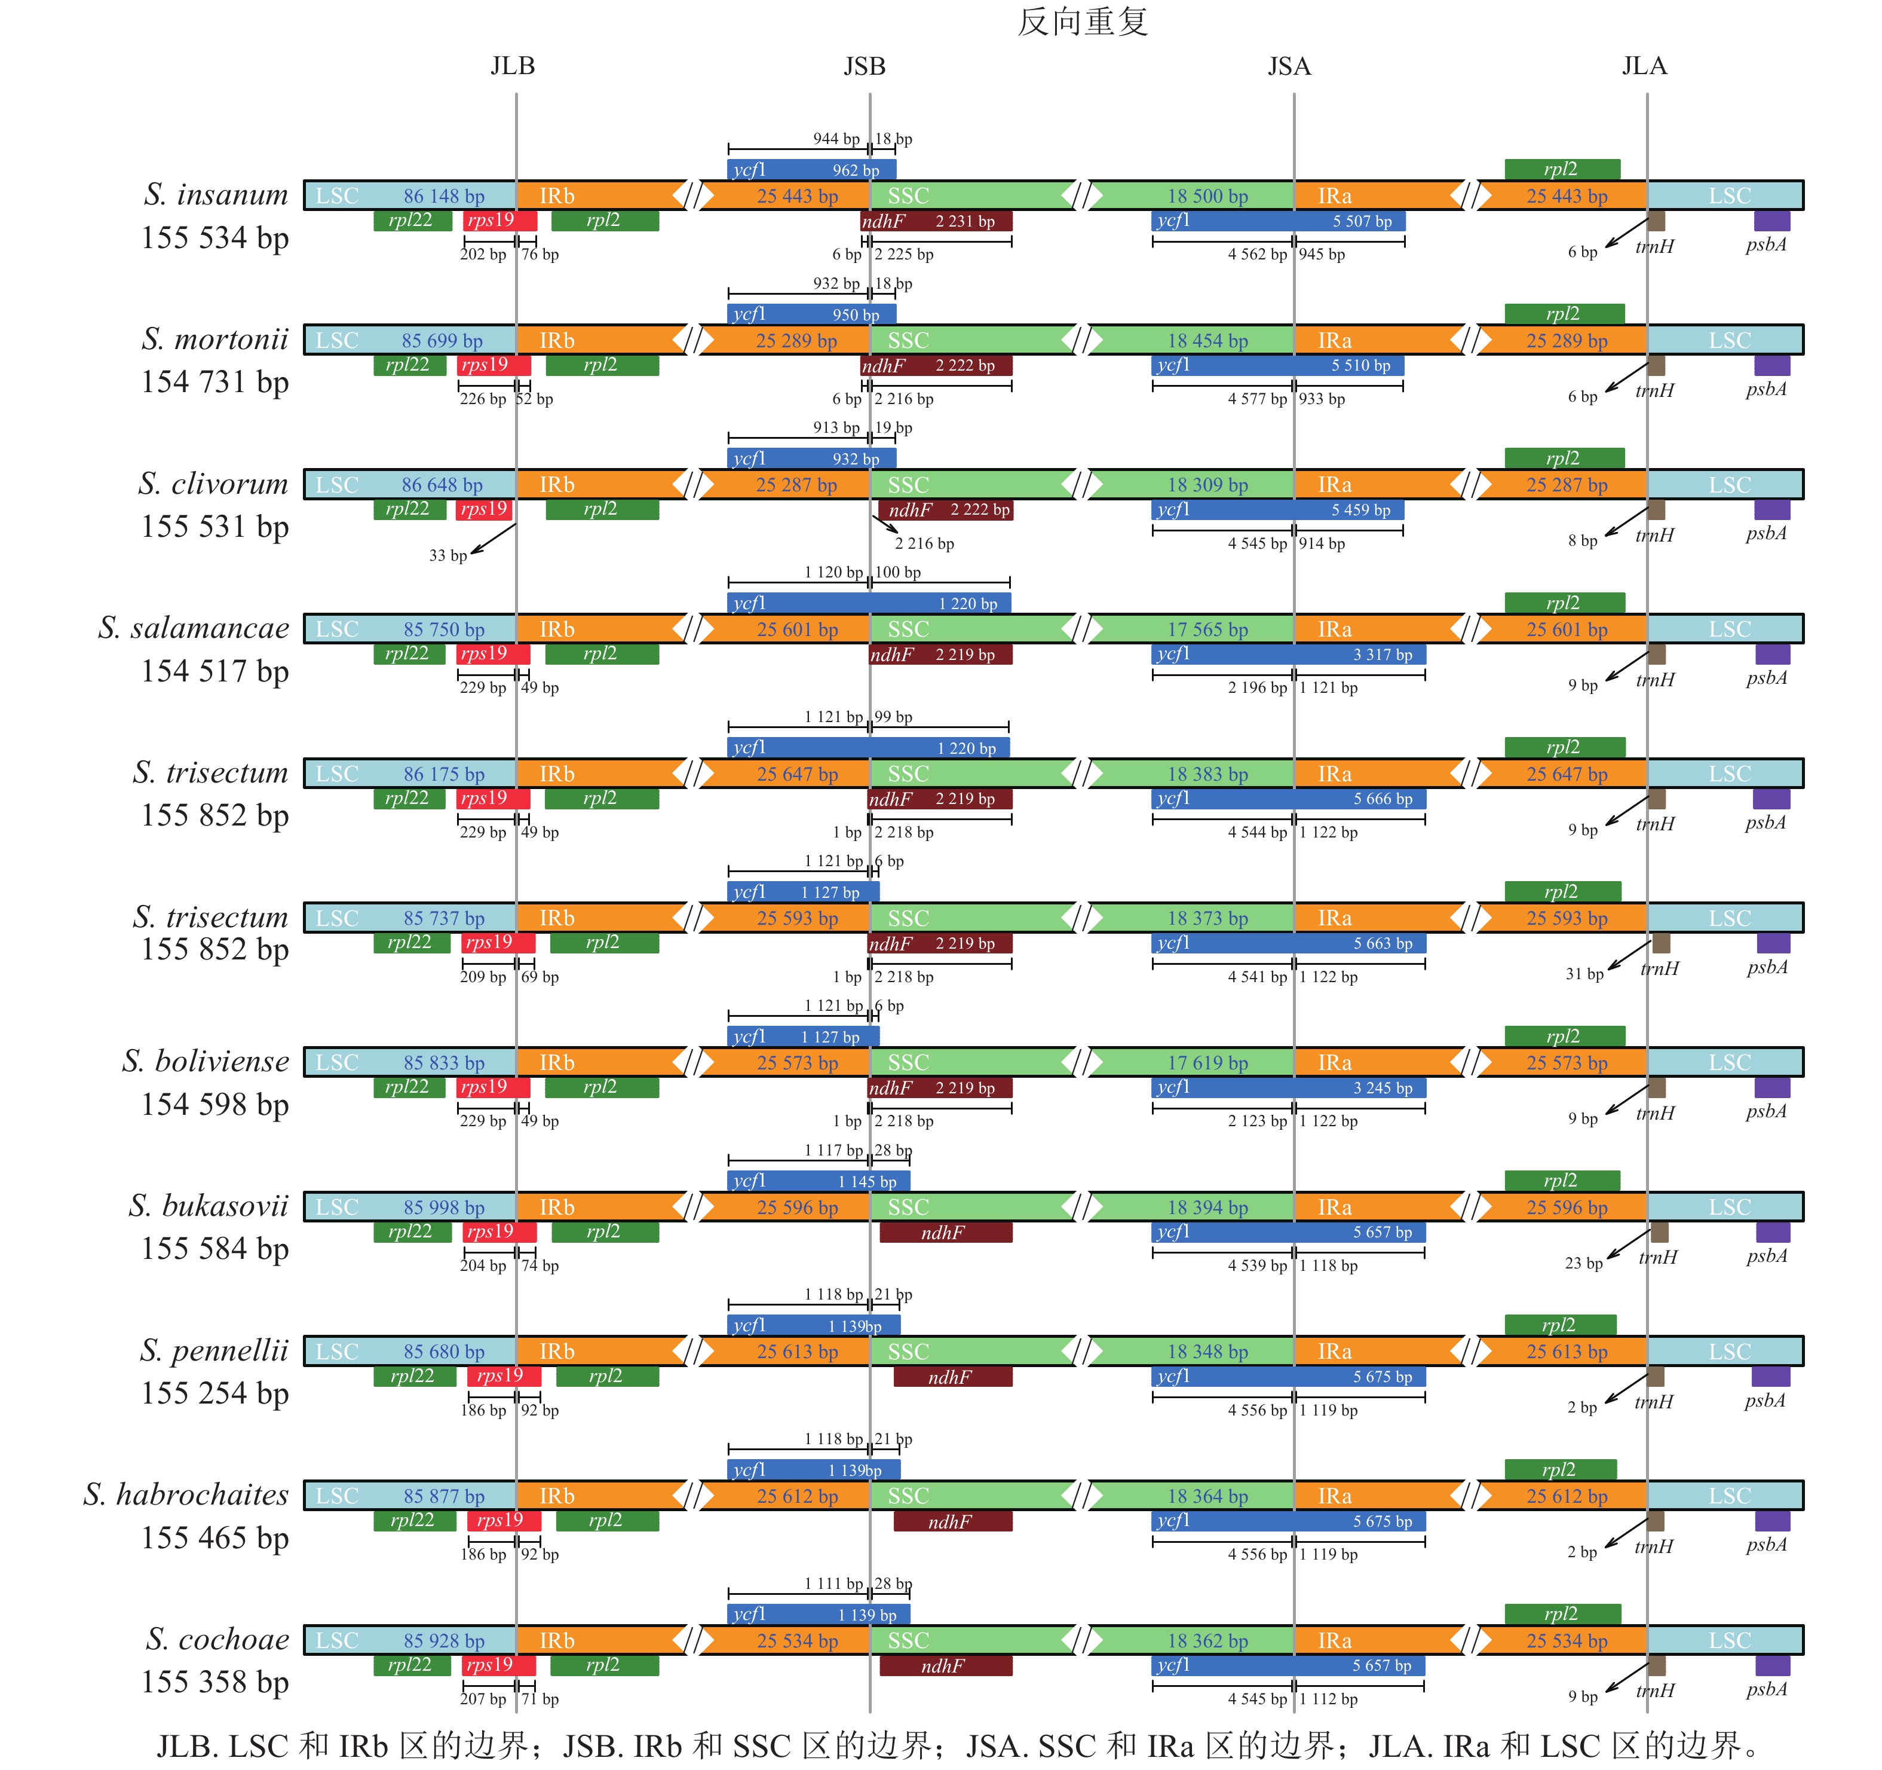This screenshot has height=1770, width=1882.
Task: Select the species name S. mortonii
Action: [x=215, y=339]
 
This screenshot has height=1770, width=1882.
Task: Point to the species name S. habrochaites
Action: [x=186, y=1494]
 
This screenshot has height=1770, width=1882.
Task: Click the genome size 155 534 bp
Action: [x=215, y=238]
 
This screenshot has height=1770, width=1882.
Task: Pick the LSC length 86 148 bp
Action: [x=444, y=196]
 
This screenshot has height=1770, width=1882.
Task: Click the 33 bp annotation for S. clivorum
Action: [x=447, y=556]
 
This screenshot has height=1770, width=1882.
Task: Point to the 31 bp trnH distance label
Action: [x=1584, y=974]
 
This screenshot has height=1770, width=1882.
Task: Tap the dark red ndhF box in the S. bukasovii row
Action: [x=945, y=1232]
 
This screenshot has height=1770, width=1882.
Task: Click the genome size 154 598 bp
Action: [x=215, y=1104]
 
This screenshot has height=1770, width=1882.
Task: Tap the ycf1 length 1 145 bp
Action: [x=866, y=1182]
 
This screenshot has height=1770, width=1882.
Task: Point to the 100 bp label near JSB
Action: [x=897, y=572]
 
